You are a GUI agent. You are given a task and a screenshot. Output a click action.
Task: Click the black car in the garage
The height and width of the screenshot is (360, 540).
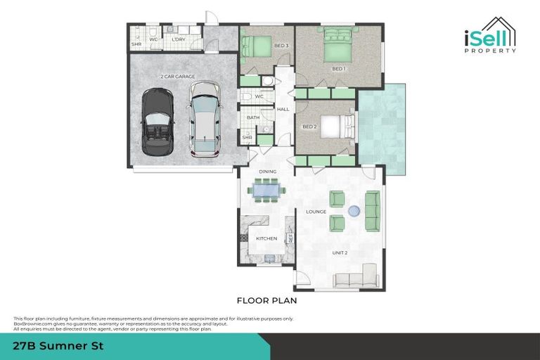[x=157, y=122]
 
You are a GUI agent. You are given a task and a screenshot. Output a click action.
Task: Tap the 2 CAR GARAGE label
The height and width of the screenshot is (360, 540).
[x=177, y=76]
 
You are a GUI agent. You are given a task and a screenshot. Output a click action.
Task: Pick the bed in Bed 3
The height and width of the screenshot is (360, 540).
[x=257, y=46]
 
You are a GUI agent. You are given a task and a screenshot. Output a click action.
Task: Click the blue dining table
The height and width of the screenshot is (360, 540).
[x=266, y=188]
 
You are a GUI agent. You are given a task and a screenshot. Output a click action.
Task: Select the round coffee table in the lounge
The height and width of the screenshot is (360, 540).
[x=354, y=210]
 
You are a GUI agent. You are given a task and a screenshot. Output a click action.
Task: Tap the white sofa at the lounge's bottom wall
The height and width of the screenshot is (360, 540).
[x=356, y=278]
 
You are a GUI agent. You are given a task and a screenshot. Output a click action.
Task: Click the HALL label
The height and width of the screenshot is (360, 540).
[x=283, y=110]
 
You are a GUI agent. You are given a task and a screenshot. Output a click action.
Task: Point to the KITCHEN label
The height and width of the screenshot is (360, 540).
[x=266, y=239]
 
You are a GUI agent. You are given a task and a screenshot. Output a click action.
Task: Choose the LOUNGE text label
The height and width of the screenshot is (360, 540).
[x=316, y=211]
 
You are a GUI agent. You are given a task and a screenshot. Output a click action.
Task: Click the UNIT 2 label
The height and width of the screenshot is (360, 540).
[x=340, y=252]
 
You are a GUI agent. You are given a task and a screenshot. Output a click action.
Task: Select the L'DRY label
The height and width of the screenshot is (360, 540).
[x=178, y=39]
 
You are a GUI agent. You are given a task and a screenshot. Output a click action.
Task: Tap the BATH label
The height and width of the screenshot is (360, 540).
[x=252, y=117]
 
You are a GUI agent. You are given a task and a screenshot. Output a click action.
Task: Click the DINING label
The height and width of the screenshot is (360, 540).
[x=267, y=172]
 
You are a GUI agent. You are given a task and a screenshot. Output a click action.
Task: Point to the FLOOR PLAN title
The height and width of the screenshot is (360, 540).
[x=266, y=300]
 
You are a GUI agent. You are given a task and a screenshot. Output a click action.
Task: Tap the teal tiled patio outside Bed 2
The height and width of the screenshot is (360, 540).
[x=381, y=130]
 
